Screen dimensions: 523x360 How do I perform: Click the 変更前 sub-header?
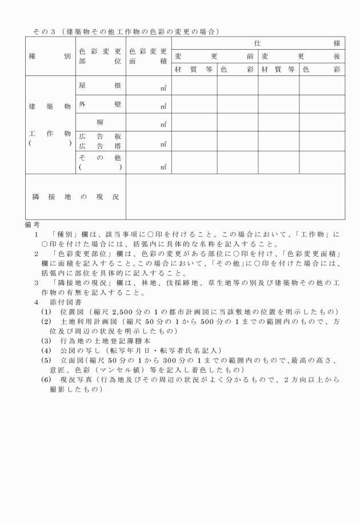point(214,57)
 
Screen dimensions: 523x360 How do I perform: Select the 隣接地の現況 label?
point(75,197)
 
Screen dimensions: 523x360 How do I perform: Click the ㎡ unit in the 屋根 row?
point(163,88)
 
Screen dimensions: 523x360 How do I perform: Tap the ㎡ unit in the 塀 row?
point(163,125)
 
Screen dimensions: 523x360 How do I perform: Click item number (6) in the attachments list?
point(45,380)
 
